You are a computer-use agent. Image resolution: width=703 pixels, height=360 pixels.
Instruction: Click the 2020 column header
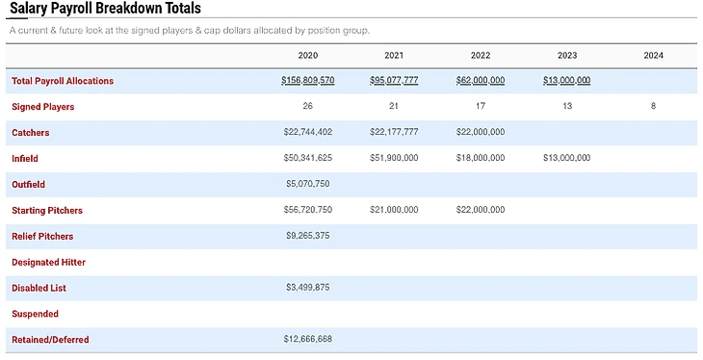tap(307, 55)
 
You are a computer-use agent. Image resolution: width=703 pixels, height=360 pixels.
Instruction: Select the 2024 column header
tap(653, 55)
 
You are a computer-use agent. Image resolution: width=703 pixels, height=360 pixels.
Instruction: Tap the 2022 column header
tap(481, 55)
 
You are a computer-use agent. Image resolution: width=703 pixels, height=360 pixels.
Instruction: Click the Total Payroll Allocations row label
tap(63, 81)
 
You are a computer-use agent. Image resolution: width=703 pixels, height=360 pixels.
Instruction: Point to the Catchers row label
tap(31, 133)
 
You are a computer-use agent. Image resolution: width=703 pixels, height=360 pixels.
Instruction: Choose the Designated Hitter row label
tap(48, 262)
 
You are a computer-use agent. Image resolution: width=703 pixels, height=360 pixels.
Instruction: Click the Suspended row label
tap(35, 314)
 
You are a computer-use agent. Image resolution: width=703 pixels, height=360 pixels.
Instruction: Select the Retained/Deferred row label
tap(50, 340)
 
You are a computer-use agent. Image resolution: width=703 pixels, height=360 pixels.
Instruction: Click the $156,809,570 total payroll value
tap(308, 80)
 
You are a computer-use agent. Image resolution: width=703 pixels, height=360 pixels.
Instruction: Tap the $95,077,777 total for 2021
tap(394, 80)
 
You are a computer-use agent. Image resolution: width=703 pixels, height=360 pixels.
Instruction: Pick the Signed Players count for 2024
tap(653, 106)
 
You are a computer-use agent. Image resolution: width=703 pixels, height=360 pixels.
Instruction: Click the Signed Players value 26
tap(307, 106)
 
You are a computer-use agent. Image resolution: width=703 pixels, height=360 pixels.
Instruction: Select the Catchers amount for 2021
tap(394, 132)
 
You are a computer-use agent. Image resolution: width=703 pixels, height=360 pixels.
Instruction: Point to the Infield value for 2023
tap(566, 158)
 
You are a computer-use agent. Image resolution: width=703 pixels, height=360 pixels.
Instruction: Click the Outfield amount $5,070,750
tap(308, 184)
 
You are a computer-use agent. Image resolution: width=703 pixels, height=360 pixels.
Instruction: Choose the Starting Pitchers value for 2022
tap(481, 210)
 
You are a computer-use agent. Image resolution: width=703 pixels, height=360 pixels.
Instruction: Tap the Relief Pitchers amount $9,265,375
tap(308, 236)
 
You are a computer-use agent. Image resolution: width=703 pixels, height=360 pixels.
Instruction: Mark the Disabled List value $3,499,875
tap(308, 288)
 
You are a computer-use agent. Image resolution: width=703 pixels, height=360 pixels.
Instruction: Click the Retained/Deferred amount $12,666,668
tap(308, 339)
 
